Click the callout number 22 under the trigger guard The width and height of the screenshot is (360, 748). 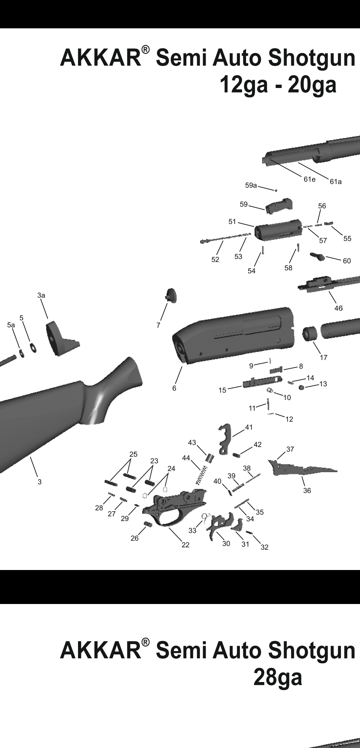(x=185, y=545)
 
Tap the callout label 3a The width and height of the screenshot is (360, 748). (x=41, y=295)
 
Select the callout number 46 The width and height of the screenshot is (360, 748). (x=338, y=308)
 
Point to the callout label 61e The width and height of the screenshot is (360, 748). (x=309, y=179)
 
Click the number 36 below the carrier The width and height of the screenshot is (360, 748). (x=307, y=490)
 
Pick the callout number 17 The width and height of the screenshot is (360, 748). (x=323, y=358)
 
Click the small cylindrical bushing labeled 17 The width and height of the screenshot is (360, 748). (x=309, y=334)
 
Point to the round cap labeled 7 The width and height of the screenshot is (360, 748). (x=171, y=296)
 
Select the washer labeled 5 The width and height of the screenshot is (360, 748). (x=33, y=347)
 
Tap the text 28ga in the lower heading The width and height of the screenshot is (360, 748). (x=278, y=677)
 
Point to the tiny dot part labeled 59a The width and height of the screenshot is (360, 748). (x=276, y=190)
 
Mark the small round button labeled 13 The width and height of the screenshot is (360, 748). (x=302, y=387)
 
